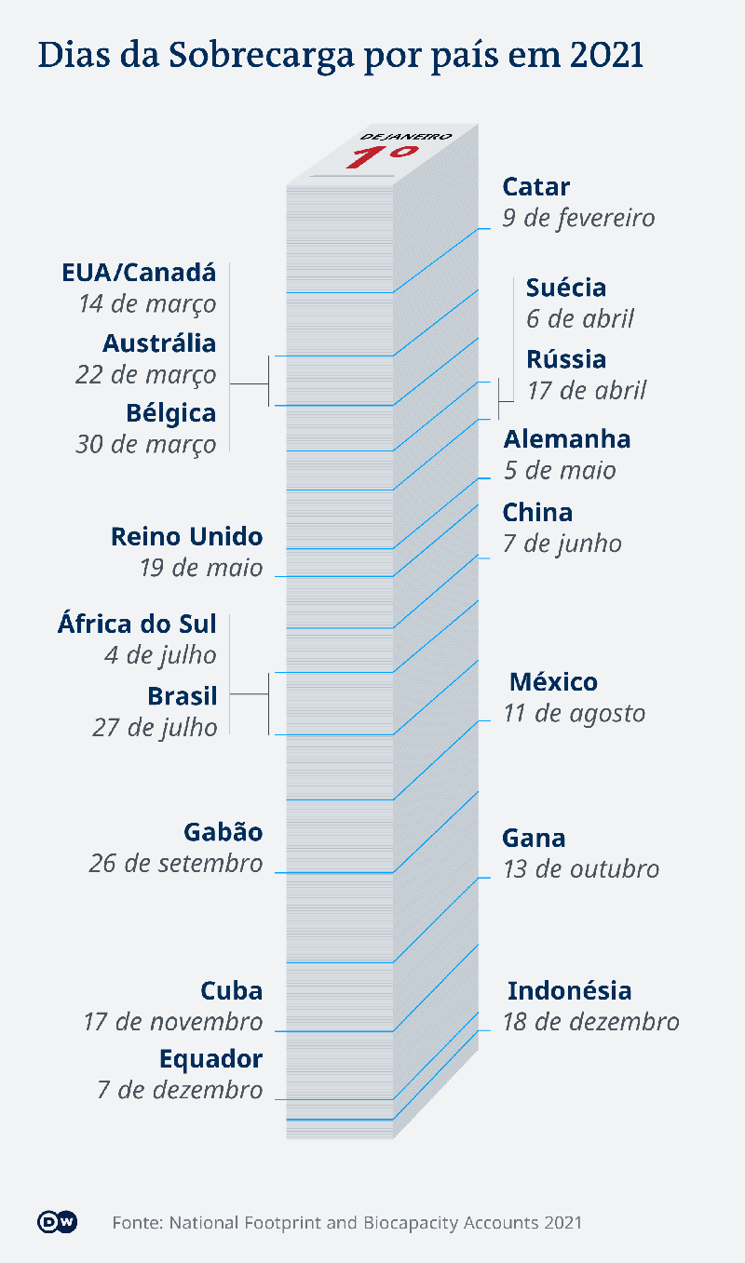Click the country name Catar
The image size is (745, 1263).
pyautogui.click(x=535, y=187)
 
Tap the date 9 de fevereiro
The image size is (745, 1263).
pyautogui.click(x=578, y=219)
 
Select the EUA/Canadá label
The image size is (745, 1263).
pyautogui.click(x=139, y=273)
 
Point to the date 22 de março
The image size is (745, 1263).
pyautogui.click(x=146, y=375)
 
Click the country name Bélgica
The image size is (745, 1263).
pyautogui.click(x=171, y=412)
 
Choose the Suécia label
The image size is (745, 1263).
pyautogui.click(x=566, y=288)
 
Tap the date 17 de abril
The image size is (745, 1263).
pyautogui.click(x=587, y=390)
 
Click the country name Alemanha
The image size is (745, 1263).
pyautogui.click(x=567, y=438)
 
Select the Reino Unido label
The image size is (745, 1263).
pyautogui.click(x=186, y=536)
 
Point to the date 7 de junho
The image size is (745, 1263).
pyautogui.click(x=562, y=544)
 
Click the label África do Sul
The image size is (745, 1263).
pyautogui.click(x=137, y=624)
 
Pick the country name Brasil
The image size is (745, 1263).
pyautogui.click(x=183, y=695)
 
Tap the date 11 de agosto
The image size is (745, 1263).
pyautogui.click(x=575, y=714)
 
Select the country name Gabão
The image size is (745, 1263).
pyautogui.click(x=223, y=831)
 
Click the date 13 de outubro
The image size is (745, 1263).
pyautogui.click(x=581, y=869)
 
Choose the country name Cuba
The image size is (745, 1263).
pyautogui.click(x=232, y=990)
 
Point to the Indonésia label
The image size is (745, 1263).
pyautogui.click(x=570, y=990)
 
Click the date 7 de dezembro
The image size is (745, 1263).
pyautogui.click(x=180, y=1090)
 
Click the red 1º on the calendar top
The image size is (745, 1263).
pyautogui.click(x=381, y=155)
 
